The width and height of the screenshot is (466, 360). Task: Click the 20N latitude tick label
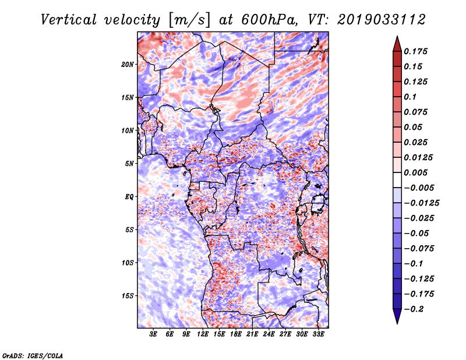(128, 65)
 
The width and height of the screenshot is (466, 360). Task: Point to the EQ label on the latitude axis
(129, 197)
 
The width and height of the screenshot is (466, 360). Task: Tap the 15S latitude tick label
(128, 296)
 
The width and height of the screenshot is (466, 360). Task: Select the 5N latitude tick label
(129, 164)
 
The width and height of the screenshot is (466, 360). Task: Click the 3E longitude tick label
(153, 334)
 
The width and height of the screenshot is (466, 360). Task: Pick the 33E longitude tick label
(318, 334)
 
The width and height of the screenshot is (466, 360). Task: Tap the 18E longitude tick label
(236, 334)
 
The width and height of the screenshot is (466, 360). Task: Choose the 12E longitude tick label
(203, 334)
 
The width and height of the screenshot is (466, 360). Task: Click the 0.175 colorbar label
(416, 51)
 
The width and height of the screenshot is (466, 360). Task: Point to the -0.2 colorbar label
(414, 309)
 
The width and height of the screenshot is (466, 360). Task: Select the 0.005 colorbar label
(416, 172)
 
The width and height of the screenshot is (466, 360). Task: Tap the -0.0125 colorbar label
(422, 203)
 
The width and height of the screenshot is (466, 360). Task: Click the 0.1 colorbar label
(411, 97)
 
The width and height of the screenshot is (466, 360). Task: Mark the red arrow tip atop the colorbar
(397, 36)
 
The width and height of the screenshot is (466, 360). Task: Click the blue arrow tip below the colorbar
(397, 323)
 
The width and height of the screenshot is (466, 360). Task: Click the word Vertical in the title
(69, 20)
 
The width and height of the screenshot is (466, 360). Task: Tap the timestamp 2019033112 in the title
(382, 20)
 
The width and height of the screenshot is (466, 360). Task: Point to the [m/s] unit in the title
(189, 20)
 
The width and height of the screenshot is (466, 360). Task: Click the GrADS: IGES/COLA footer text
(33, 355)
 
